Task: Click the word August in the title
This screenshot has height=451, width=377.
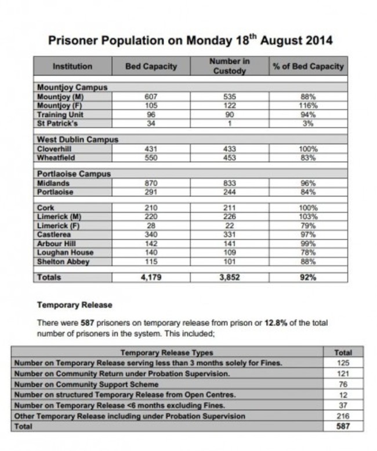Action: pyautogui.click(x=281, y=41)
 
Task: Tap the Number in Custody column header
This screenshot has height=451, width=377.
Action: pyautogui.click(x=230, y=66)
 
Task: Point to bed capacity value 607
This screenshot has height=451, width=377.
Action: pyautogui.click(x=150, y=97)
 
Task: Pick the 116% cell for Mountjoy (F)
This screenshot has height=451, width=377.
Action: pyautogui.click(x=308, y=106)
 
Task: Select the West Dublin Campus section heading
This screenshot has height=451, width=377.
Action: pyautogui.click(x=77, y=140)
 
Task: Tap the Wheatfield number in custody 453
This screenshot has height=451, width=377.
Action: pyautogui.click(x=230, y=158)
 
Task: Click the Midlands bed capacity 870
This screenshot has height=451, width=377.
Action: pyautogui.click(x=150, y=183)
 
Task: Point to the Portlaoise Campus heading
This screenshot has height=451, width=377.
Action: pyautogui.click(x=74, y=174)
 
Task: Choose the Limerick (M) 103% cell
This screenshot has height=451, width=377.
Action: pyautogui.click(x=308, y=217)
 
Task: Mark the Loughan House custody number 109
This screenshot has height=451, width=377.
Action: pyautogui.click(x=230, y=253)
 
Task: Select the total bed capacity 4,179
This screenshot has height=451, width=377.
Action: pyautogui.click(x=150, y=278)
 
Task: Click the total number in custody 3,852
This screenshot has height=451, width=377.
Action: pyautogui.click(x=230, y=278)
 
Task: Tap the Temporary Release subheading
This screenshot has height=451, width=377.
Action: pyautogui.click(x=75, y=305)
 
